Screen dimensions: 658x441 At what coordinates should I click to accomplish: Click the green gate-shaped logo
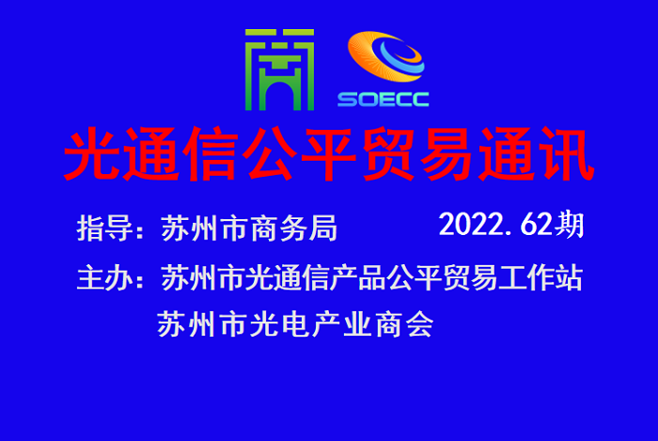[x=279, y=70]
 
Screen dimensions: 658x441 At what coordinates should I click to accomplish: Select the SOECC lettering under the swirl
[x=384, y=100]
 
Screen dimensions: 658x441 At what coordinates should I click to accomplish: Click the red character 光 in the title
[x=91, y=153]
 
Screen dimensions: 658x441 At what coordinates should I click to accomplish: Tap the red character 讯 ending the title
[x=566, y=153]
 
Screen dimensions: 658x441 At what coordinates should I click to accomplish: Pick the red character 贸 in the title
[x=388, y=153]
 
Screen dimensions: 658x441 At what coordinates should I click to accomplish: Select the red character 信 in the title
[x=211, y=153]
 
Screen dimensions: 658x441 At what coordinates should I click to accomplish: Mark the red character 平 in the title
[x=329, y=153]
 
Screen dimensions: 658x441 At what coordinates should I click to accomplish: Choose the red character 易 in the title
[x=447, y=153]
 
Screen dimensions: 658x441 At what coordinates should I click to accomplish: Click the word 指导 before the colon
[x=105, y=228]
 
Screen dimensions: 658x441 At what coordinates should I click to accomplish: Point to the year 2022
[x=470, y=225]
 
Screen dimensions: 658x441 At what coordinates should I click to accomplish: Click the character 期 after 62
[x=569, y=225]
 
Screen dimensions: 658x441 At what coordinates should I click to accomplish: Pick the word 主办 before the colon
[x=105, y=277]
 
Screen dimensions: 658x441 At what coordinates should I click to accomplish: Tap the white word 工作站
[x=540, y=277]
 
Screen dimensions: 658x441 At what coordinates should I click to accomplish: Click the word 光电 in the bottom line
[x=278, y=324]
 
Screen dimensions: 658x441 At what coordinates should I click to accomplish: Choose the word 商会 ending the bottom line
[x=404, y=324]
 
